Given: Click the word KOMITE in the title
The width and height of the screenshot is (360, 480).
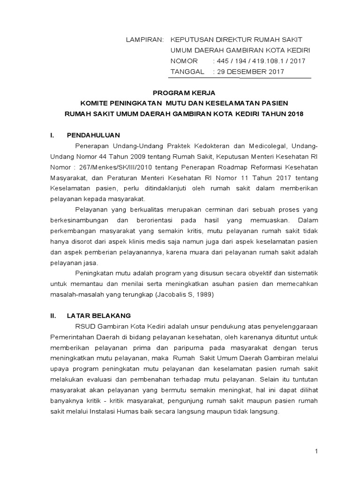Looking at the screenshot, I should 94,103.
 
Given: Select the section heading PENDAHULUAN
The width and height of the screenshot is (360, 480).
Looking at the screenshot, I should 94,135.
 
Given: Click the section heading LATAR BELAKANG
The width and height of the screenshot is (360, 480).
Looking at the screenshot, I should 99,315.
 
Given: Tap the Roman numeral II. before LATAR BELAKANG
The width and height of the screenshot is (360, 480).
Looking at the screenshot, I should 53,315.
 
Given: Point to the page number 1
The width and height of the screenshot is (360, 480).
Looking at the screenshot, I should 317,451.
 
